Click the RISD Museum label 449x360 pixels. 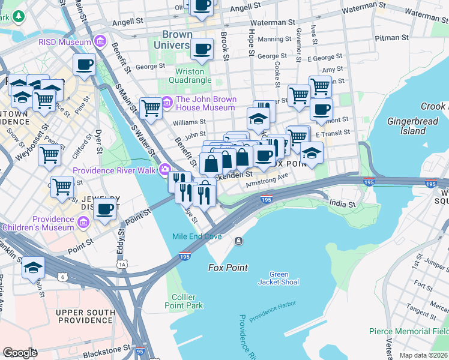pyautogui.click(x=64, y=42)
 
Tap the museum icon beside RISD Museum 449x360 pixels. pyautogui.click(x=100, y=42)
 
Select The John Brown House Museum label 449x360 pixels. pyautogui.click(x=205, y=103)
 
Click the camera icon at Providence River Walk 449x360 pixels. pyautogui.click(x=165, y=170)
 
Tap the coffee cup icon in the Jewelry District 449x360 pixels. pyautogui.click(x=105, y=211)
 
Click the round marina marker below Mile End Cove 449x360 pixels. pyautogui.click(x=239, y=241)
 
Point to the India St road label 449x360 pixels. pyautogui.click(x=342, y=205)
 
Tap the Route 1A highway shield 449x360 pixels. pyautogui.click(x=123, y=263)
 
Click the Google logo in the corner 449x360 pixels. pyautogui.click(x=20, y=353)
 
